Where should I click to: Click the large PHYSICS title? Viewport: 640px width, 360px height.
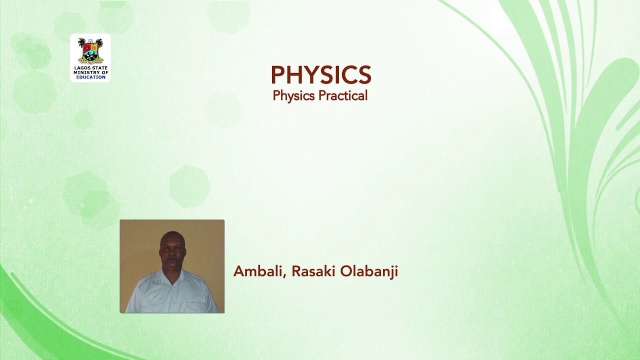click(x=320, y=75)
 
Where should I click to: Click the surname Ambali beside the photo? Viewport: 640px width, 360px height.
click(x=257, y=271)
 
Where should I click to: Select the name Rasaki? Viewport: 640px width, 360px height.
click(x=313, y=271)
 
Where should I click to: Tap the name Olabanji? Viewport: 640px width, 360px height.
click(x=369, y=271)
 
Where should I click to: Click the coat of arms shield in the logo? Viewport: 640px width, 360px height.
click(x=90, y=51)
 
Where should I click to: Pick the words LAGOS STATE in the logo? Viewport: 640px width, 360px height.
click(x=90, y=68)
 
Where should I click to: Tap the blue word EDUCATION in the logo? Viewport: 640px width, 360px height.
click(x=90, y=77)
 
